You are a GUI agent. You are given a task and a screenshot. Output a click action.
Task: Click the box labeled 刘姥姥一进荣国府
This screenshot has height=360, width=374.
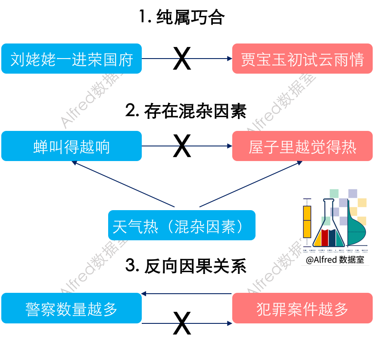pos(72,59)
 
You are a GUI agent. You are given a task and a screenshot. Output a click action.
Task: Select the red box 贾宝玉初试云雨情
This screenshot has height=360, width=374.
pos(302,59)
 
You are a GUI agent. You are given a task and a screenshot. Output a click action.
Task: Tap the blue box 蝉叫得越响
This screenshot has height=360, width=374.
pos(72,146)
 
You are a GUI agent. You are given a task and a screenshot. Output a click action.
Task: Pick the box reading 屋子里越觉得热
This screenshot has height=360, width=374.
pos(302,146)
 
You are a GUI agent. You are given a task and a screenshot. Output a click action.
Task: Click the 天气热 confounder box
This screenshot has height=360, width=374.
pos(181,225)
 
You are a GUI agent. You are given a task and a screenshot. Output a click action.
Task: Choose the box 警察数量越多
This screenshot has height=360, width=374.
pos(72,308)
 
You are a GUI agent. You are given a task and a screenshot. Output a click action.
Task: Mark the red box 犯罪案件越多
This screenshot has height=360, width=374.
pos(302,308)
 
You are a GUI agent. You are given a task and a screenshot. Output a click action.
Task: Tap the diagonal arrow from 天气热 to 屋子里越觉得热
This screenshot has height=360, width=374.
pos(250,184)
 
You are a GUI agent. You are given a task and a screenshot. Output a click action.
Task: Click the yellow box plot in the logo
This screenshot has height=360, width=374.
pos(307,221)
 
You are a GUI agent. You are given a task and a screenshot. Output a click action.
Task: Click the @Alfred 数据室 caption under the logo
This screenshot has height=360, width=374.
pos(335,260)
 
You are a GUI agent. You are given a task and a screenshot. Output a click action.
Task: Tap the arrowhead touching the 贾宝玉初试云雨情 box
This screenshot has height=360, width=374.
pos(229,59)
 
